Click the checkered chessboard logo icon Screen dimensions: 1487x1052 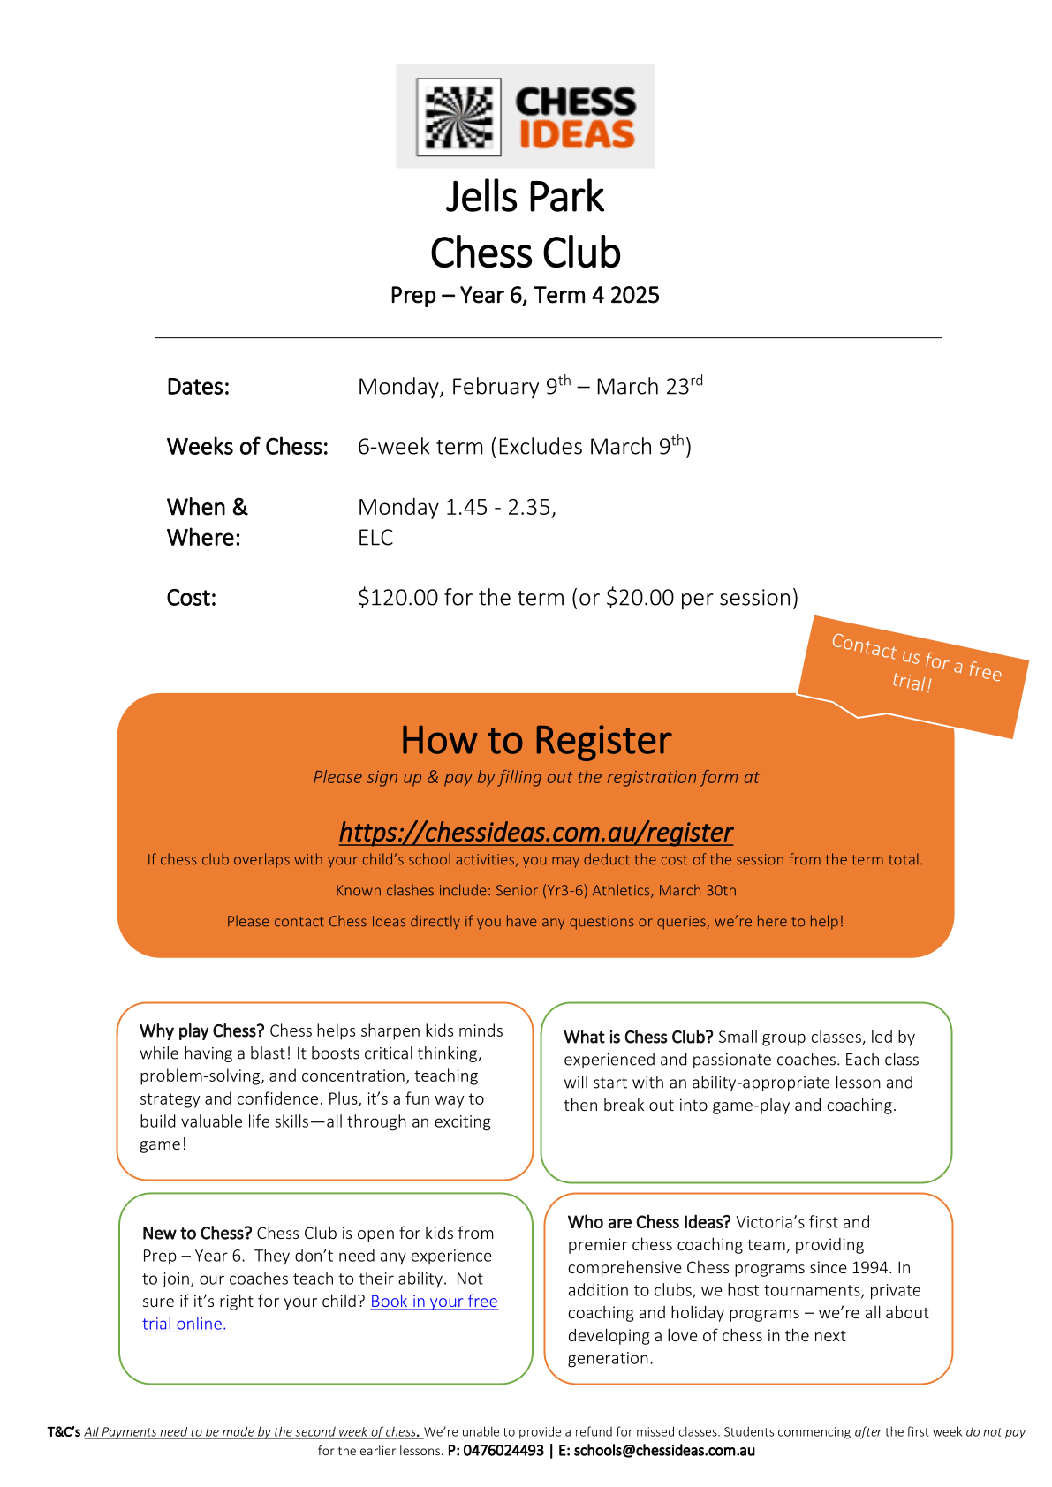click(x=458, y=117)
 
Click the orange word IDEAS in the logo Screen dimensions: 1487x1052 click(x=577, y=135)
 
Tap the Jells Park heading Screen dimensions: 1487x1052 click(x=525, y=197)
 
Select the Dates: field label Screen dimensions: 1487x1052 click(x=198, y=387)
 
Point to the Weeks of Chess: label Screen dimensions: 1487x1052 click(x=247, y=447)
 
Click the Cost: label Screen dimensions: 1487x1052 click(x=192, y=598)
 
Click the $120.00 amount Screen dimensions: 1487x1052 click(x=397, y=598)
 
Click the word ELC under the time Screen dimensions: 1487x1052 click(x=375, y=538)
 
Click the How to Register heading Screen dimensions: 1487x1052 click(x=536, y=741)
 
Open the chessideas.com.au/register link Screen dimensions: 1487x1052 click(x=536, y=832)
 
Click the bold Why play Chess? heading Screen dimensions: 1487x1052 click(x=202, y=1030)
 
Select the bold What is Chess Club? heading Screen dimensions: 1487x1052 click(x=639, y=1037)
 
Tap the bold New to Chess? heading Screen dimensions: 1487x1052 click(x=197, y=1233)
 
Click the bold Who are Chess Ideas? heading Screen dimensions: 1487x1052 click(x=649, y=1222)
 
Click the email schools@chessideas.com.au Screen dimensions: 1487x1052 click(x=664, y=1451)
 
